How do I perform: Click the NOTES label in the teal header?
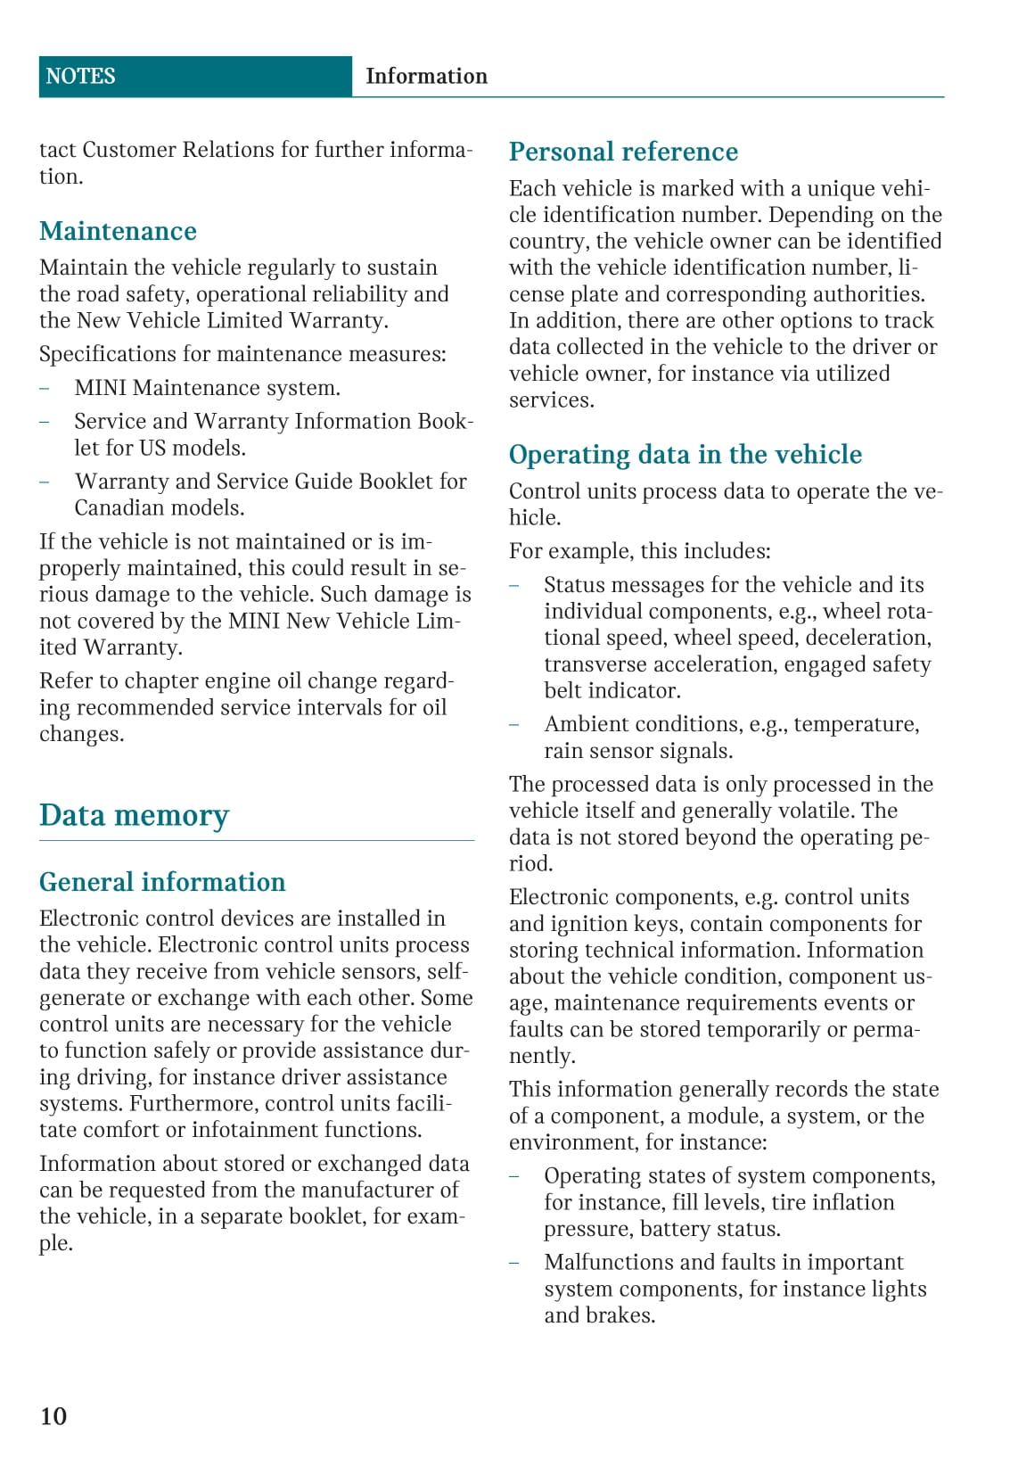tap(80, 77)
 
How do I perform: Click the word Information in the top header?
tap(426, 77)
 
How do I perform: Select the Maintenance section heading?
tap(118, 232)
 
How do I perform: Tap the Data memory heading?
tap(134, 816)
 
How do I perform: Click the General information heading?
tap(162, 883)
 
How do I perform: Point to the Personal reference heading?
tap(623, 152)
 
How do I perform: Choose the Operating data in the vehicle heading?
tap(685, 455)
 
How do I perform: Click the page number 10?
tap(53, 1416)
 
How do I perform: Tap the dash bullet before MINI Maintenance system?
tap(45, 389)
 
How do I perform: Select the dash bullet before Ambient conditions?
tap(514, 725)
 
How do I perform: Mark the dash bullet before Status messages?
tap(514, 586)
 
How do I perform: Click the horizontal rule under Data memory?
tap(257, 841)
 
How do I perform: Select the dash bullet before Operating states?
tap(514, 1177)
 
